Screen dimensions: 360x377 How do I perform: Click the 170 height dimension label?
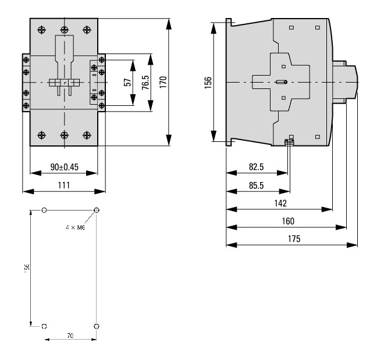tap(163, 81)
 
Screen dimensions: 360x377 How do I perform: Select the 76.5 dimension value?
tap(145, 82)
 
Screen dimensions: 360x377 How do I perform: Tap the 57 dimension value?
tap(127, 82)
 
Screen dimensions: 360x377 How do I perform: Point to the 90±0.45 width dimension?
tap(64, 167)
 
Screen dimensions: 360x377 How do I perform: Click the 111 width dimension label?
tap(64, 185)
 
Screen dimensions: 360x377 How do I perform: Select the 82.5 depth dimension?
tap(257, 167)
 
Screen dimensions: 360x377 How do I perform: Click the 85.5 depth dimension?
tap(257, 185)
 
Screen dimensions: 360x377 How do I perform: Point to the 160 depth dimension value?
tap(287, 221)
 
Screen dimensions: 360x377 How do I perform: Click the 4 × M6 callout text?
tap(75, 228)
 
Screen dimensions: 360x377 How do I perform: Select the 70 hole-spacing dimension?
tap(70, 336)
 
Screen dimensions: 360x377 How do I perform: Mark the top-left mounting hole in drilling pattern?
tap(45, 210)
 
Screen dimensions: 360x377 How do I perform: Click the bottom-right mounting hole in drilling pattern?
tap(97, 326)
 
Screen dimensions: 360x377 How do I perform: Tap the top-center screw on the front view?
tap(64, 29)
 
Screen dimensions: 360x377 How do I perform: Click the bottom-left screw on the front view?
tap(41, 135)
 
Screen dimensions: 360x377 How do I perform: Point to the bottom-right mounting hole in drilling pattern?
tap(97, 326)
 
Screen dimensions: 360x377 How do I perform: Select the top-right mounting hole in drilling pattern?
tap(97, 210)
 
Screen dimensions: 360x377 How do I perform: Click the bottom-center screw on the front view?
tap(64, 135)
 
